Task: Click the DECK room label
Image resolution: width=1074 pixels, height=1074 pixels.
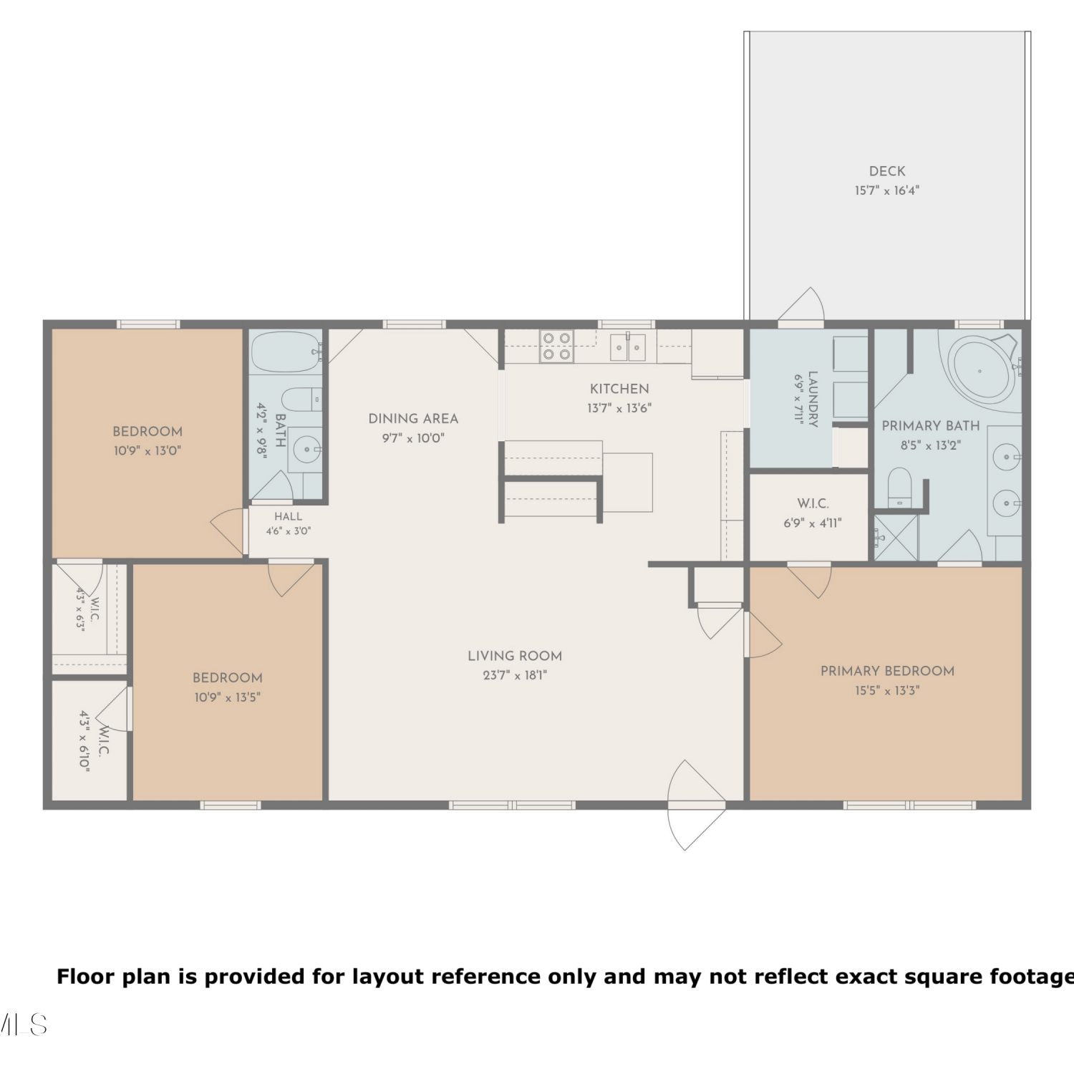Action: coord(887,171)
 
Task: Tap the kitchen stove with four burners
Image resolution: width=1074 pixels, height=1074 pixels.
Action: coord(556,346)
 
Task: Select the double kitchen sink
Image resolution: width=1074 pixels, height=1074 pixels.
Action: coord(628,347)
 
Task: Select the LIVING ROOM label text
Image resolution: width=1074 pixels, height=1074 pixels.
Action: coord(515,656)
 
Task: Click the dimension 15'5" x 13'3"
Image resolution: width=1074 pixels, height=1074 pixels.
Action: coord(887,690)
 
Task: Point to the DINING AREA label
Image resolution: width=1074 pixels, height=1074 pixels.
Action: coord(413,419)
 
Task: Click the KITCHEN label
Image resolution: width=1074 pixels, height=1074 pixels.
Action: coord(619,389)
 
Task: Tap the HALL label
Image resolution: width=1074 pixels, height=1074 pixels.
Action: coord(288,516)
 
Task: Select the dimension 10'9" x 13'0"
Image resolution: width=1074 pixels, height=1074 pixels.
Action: coord(147,451)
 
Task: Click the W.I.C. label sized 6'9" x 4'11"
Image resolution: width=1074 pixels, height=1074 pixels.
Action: coord(813,504)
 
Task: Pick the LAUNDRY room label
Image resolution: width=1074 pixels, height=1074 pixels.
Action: coord(813,399)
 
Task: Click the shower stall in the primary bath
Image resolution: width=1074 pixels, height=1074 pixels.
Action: coord(896,537)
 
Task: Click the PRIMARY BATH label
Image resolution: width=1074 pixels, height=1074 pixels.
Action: coord(931,425)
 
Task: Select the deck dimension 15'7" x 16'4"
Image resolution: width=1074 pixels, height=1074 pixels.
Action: coord(887,190)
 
